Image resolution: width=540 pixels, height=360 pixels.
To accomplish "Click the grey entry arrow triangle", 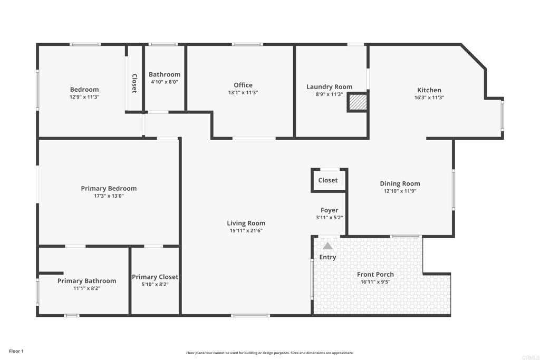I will pos(327,246).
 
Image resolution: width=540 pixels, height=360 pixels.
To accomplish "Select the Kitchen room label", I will pos(429,90).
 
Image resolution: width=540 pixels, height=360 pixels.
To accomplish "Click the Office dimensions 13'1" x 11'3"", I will pos(243,93).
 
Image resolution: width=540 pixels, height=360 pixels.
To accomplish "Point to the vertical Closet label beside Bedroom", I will pos(134,83).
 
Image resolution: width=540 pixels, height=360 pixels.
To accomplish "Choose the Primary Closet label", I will pos(155,277).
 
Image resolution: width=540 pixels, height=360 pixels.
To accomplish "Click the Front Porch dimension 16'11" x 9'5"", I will pos(375,282).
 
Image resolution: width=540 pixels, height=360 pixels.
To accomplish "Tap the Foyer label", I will pos(330,210).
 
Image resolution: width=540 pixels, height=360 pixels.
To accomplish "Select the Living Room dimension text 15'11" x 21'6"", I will pos(246,231).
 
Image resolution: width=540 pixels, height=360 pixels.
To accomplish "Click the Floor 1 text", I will pos(16,351).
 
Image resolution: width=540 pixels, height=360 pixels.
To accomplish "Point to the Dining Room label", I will pos(400,183).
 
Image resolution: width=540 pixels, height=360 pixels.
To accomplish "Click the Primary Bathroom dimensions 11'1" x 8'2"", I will pos(86,288).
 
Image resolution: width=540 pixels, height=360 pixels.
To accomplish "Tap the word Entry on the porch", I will pos(327,257).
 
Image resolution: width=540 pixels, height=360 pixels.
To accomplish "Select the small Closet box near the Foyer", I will pos(328,180).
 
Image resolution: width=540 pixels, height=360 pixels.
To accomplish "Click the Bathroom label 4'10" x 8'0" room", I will pos(165,74).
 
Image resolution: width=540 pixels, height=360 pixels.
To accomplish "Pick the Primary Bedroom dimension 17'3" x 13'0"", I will pos(109,196).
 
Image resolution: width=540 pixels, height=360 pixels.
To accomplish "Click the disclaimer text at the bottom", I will pos(269,353).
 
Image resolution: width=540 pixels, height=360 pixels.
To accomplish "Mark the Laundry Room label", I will pos(330,87).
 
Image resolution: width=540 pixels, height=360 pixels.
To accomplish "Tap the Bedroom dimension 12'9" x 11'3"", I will pos(84,97).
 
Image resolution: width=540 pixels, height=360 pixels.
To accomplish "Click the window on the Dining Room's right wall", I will pos(453,190).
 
